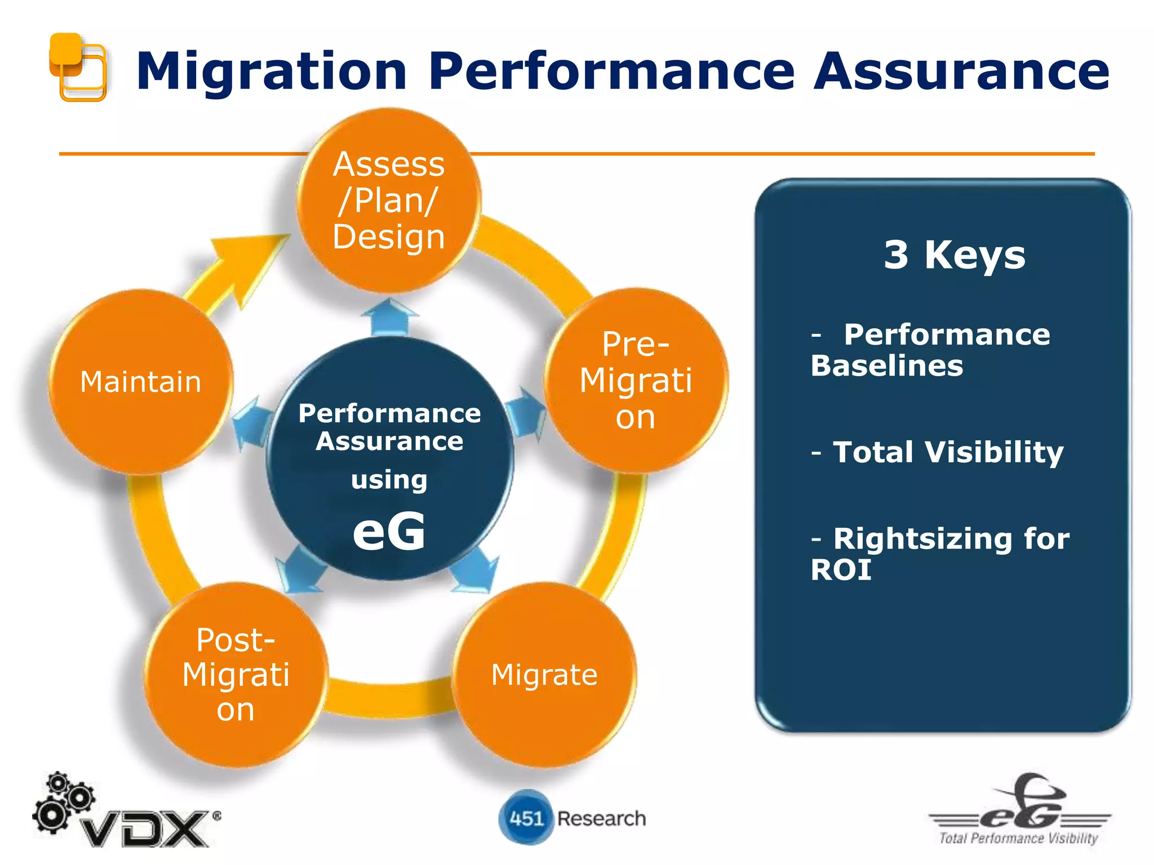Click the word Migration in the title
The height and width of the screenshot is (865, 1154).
point(271,72)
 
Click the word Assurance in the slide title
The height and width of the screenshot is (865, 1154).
point(961,72)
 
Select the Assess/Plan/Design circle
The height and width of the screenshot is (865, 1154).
point(389,200)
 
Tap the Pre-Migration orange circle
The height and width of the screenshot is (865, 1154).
point(636,381)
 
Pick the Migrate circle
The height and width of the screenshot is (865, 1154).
point(544,675)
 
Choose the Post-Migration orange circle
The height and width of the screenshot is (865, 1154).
point(236,675)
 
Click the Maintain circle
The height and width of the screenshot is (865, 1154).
point(141,382)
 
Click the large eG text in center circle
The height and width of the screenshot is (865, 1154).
point(389,531)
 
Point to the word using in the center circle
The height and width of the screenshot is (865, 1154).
point(389,480)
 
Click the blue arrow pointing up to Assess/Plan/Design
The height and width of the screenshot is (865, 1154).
point(389,317)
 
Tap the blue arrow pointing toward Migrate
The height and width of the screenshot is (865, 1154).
point(477,570)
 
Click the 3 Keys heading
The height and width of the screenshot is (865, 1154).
point(954,255)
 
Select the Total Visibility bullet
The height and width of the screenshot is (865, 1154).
point(948,452)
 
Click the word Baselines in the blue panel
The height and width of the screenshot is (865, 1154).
point(887,366)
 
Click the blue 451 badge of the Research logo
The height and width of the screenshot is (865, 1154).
point(525,818)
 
